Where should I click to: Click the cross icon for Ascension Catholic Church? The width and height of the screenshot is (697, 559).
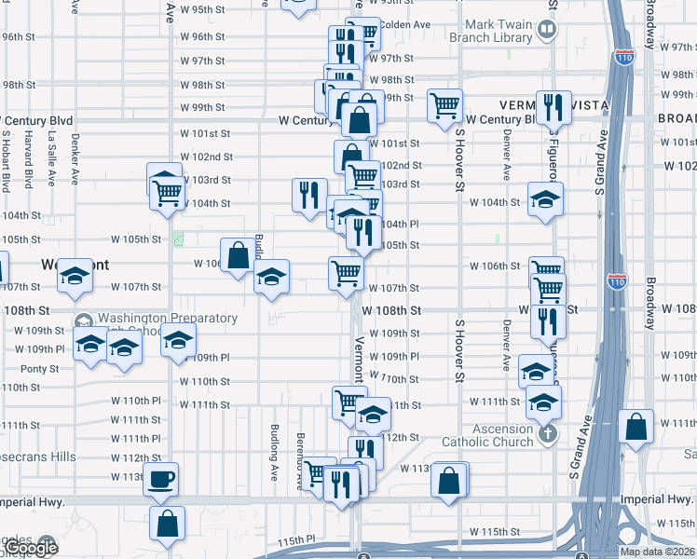(549, 433)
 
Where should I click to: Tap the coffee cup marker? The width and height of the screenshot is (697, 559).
(162, 480)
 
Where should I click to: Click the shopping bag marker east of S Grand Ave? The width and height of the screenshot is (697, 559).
(635, 428)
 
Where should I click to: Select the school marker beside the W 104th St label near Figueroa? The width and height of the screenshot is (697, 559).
(546, 198)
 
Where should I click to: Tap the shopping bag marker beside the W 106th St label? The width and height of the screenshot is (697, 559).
(238, 255)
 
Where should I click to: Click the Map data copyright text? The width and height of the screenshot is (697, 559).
(657, 551)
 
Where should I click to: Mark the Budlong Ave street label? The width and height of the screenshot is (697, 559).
(275, 452)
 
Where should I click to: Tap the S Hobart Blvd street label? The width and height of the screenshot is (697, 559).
(6, 158)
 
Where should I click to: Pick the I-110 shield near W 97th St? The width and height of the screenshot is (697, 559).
(623, 57)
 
